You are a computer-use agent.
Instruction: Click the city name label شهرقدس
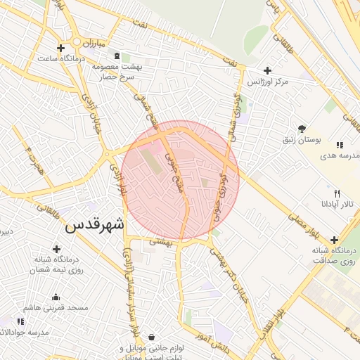click(94, 226)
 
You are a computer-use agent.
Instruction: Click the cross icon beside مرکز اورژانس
click(266, 70)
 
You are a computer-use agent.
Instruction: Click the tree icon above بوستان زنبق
click(302, 129)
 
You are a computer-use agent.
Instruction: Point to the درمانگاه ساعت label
click(63, 58)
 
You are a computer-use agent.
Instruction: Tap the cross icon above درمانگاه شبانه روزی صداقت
click(334, 240)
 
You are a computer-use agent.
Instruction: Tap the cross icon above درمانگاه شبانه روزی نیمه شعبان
click(56, 249)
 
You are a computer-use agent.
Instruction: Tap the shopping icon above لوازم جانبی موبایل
click(153, 337)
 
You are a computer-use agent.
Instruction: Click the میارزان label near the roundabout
click(92, 42)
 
